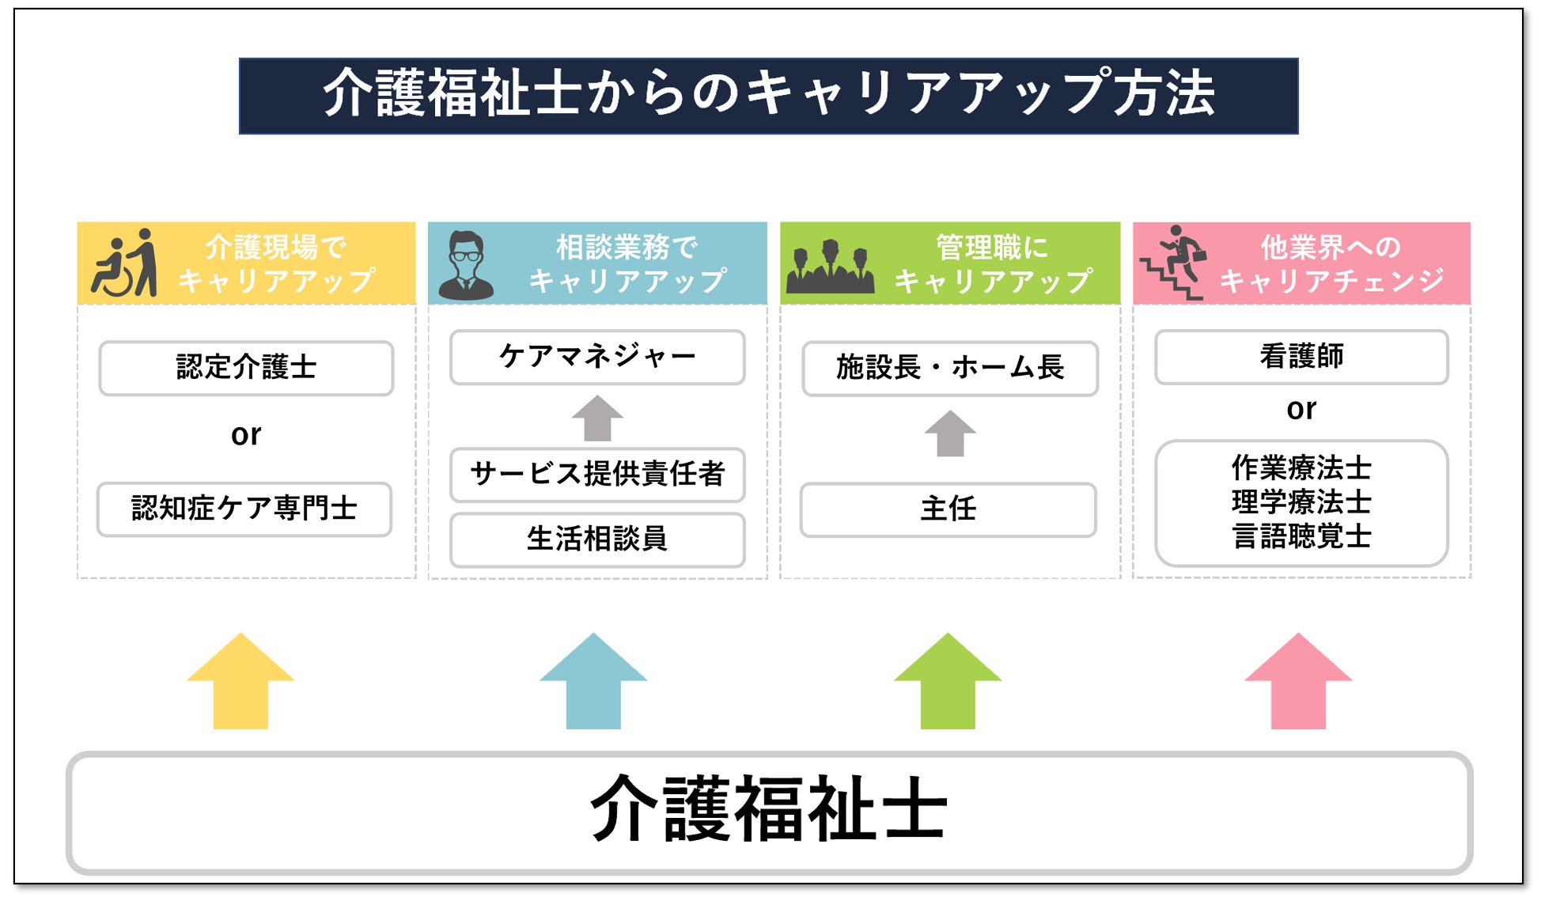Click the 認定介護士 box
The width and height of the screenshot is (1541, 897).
tap(246, 368)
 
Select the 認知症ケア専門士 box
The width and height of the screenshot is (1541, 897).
tap(244, 509)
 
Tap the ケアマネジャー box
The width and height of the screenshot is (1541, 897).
tap(597, 357)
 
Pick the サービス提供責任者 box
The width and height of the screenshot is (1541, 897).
tap(597, 475)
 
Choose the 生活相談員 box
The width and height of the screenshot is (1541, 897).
tap(597, 539)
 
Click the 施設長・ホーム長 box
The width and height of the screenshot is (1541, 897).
tap(949, 368)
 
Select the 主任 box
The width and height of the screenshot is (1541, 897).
tap(948, 509)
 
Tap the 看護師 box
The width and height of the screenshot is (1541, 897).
tap(1301, 357)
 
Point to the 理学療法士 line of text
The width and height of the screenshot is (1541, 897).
tap(1301, 502)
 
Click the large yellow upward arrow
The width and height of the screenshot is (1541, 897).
tap(240, 681)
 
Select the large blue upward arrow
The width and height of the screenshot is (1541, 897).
tap(593, 681)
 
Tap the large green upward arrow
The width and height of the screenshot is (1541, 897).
tap(948, 681)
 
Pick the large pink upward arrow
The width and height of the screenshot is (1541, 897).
tap(1298, 681)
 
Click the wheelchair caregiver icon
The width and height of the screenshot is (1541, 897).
tap(125, 263)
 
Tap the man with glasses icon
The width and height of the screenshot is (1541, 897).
tap(467, 266)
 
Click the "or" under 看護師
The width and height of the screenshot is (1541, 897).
tap(1301, 410)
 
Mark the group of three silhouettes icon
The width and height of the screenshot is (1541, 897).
tap(831, 267)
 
